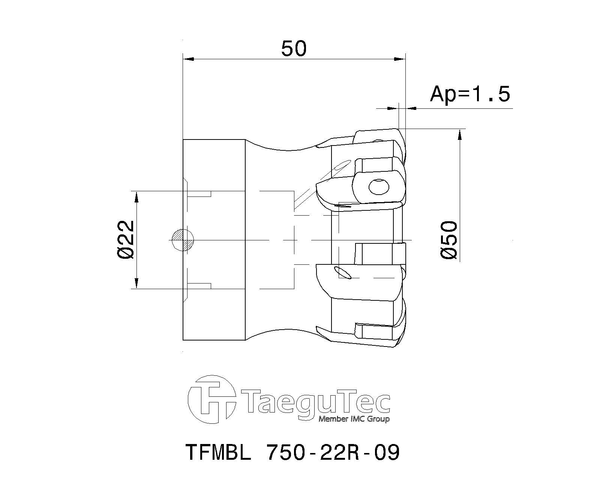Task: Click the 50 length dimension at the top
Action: tap(294, 49)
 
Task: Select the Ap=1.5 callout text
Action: tap(470, 94)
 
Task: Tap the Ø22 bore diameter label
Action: tap(125, 240)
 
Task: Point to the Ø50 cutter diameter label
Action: tap(449, 240)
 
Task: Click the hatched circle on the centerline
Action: tap(183, 240)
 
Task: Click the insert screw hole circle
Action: tap(379, 186)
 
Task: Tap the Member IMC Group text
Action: tap(354, 419)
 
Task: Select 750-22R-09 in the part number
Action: tap(332, 452)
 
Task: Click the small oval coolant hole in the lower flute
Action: tap(342, 273)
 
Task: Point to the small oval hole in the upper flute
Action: tap(342, 165)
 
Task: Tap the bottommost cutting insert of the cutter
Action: tap(379, 334)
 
